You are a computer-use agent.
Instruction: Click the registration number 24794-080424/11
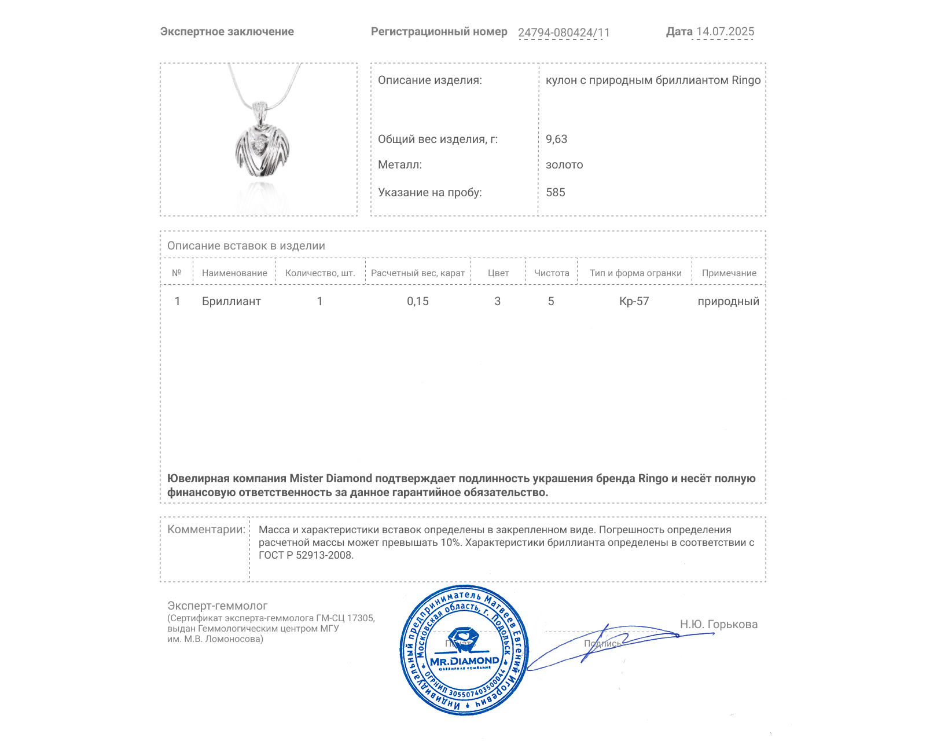[x=564, y=32]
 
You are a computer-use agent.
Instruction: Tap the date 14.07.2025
[x=725, y=32]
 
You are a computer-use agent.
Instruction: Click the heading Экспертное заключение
[x=227, y=32]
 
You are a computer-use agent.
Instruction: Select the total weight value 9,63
[x=556, y=139]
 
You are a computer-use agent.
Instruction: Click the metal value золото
[x=564, y=165]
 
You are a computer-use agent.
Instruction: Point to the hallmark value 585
[x=556, y=192]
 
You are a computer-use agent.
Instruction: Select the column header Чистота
[x=552, y=273]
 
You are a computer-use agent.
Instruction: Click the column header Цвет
[x=498, y=273]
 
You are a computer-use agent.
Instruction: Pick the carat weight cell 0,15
[x=418, y=301]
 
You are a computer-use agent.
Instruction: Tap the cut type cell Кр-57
[x=634, y=301]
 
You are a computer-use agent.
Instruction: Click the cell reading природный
[x=728, y=301]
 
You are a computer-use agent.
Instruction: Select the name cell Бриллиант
[x=231, y=301]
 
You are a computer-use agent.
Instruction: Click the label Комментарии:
[x=206, y=529]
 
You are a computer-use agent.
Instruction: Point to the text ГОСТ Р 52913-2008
[x=306, y=555]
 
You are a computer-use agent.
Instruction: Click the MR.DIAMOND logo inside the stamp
[x=464, y=661]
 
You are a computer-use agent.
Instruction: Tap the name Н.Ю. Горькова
[x=719, y=624]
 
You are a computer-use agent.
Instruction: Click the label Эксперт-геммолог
[x=218, y=606]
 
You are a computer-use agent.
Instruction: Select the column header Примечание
[x=729, y=273]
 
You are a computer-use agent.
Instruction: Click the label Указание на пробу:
[x=429, y=192]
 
